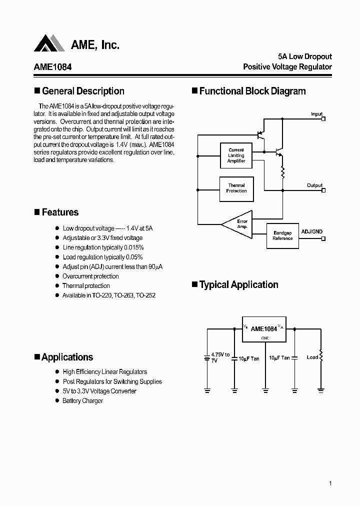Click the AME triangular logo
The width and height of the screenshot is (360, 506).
tap(49, 43)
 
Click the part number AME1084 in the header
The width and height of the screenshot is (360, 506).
tap(52, 66)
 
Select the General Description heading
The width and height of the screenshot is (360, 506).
tap(82, 91)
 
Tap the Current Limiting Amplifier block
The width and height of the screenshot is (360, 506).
tap(236, 155)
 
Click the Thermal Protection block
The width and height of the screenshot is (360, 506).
tap(236, 188)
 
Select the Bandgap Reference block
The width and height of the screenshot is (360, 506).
tap(282, 235)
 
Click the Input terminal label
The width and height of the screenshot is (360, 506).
tap(316, 114)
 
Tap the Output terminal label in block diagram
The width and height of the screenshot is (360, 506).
tap(314, 185)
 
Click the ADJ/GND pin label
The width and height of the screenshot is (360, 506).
tap(312, 232)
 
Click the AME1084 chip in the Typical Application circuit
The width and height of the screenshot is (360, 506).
tap(263, 329)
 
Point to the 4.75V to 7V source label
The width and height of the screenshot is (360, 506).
tap(220, 357)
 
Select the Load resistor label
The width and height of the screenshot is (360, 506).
tap(312, 357)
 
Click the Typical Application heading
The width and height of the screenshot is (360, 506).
tap(238, 284)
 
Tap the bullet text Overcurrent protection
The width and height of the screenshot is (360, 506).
tap(90, 276)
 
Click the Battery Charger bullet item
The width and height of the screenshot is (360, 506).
tap(82, 400)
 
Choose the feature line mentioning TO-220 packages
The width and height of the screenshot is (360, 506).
tap(109, 295)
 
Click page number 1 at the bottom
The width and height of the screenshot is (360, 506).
tap(331, 483)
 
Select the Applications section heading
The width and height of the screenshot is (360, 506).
tap(67, 357)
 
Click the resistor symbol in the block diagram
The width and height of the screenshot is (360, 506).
tap(282, 172)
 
